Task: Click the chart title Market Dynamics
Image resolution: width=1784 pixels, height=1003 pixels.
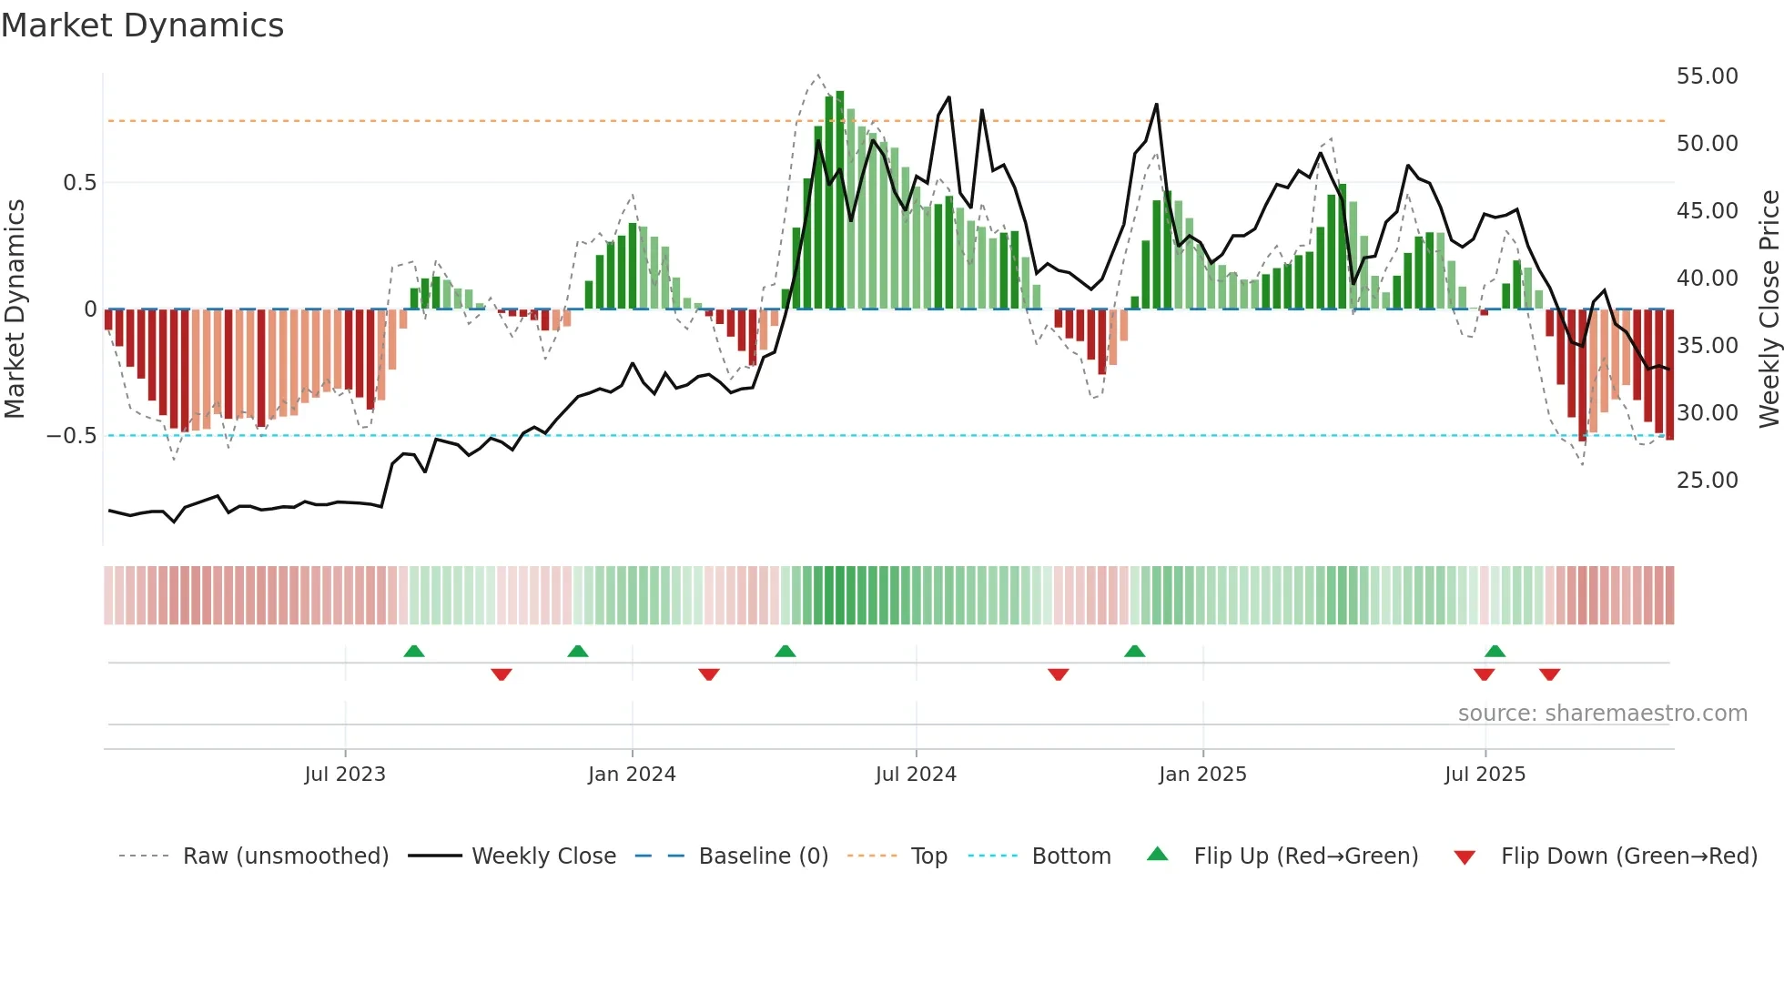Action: [142, 25]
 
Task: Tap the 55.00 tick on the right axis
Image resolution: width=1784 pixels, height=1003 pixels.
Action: [1707, 76]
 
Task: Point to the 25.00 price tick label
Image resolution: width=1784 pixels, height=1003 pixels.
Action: [1707, 481]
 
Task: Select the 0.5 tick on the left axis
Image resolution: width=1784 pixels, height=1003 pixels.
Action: [79, 183]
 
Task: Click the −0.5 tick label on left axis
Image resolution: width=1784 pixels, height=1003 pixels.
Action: [72, 436]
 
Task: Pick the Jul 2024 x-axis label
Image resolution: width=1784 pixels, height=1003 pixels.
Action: [916, 775]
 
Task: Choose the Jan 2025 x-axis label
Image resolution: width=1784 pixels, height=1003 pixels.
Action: [1202, 775]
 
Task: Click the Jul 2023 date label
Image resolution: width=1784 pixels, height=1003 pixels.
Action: [345, 775]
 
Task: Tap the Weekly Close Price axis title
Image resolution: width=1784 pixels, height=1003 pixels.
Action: [1769, 309]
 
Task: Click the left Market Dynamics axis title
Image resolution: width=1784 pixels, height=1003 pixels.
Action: [15, 309]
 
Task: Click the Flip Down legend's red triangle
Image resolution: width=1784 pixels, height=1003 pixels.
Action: [1465, 857]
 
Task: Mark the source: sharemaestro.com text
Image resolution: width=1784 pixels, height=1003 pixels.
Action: [1602, 714]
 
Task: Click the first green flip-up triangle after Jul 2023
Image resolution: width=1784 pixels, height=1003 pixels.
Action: [414, 651]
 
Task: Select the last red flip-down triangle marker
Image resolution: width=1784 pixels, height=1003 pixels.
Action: [1550, 674]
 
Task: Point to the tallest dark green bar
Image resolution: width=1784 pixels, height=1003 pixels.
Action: [840, 200]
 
